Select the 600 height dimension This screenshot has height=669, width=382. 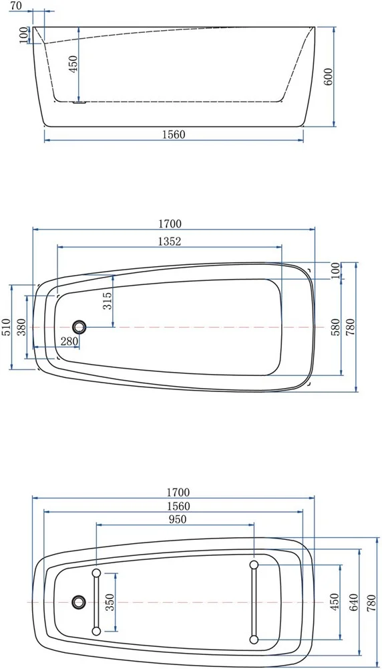tap(329, 77)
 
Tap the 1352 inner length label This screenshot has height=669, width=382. tap(170, 242)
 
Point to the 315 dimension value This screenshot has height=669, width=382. tap(108, 300)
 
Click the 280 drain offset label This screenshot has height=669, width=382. tap(69, 341)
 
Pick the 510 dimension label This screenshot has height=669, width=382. tap(7, 327)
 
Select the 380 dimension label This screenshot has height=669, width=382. tap(22, 327)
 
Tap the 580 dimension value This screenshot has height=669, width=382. tap(335, 327)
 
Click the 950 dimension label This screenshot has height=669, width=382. tap(177, 519)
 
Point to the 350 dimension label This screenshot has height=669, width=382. tap(110, 602)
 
